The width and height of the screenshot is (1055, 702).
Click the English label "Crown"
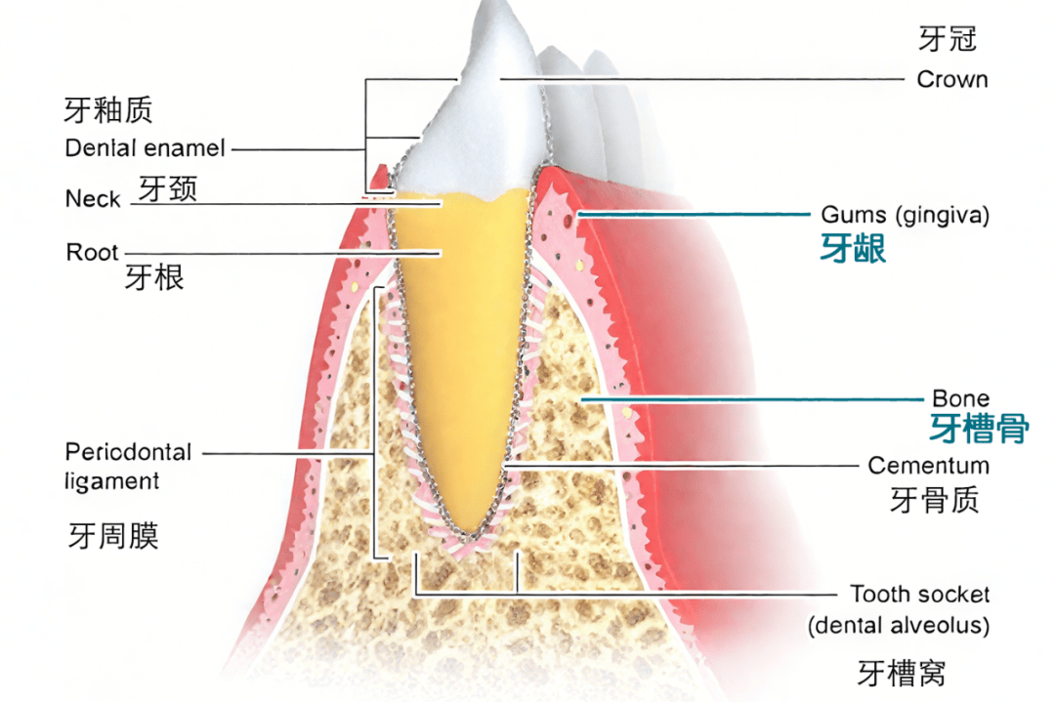point(951,80)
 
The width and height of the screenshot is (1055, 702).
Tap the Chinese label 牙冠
point(947,39)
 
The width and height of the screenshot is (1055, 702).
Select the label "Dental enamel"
point(145,149)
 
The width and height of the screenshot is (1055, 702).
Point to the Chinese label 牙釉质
point(108,109)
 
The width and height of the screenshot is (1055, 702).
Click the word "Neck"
point(93,199)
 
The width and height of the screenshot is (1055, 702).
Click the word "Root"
point(92,253)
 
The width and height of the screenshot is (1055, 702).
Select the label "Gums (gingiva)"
point(905,215)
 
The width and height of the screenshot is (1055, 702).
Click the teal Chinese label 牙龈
point(853,249)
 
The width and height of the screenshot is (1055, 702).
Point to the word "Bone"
point(960,398)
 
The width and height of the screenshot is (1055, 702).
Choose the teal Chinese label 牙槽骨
point(978,428)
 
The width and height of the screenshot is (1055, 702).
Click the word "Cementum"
point(928,466)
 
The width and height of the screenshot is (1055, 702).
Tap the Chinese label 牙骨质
point(935,500)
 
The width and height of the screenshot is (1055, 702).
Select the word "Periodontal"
point(128,453)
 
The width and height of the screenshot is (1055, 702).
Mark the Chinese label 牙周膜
point(113,535)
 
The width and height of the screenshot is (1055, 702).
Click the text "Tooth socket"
point(919,595)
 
